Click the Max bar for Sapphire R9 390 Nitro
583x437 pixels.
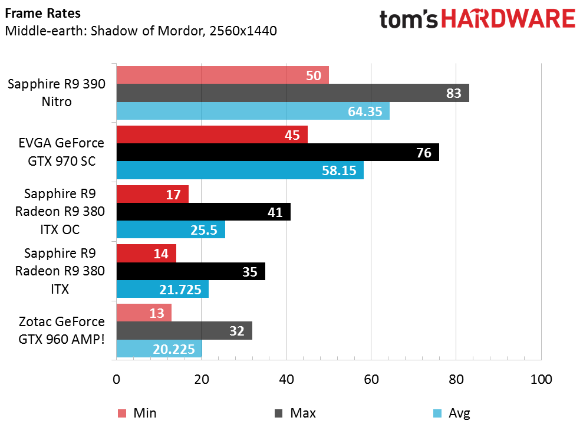[292, 93]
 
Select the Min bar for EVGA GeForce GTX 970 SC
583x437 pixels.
[212, 135]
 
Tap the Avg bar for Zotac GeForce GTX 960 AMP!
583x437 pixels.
[159, 349]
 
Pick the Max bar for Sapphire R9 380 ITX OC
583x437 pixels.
[203, 212]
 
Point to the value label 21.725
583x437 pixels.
[181, 290]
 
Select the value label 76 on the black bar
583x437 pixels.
[424, 153]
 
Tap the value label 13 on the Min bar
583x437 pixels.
[157, 313]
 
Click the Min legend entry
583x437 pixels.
[137, 413]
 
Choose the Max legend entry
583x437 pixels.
[295, 413]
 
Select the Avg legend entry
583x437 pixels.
[452, 413]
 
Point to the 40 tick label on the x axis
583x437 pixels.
[286, 379]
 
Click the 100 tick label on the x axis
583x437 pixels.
[541, 379]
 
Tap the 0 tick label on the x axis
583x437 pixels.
[116, 379]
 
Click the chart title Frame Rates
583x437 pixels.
[35, 13]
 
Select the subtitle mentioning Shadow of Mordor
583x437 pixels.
[141, 30]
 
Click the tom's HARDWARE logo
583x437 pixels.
[477, 19]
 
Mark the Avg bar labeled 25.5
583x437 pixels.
[171, 230]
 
